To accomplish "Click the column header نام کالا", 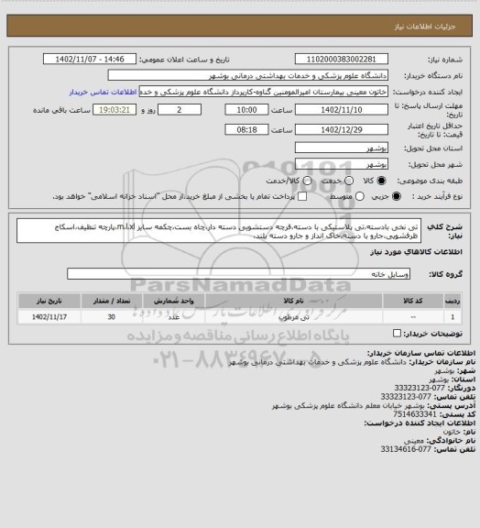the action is pyautogui.click(x=295, y=299).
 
